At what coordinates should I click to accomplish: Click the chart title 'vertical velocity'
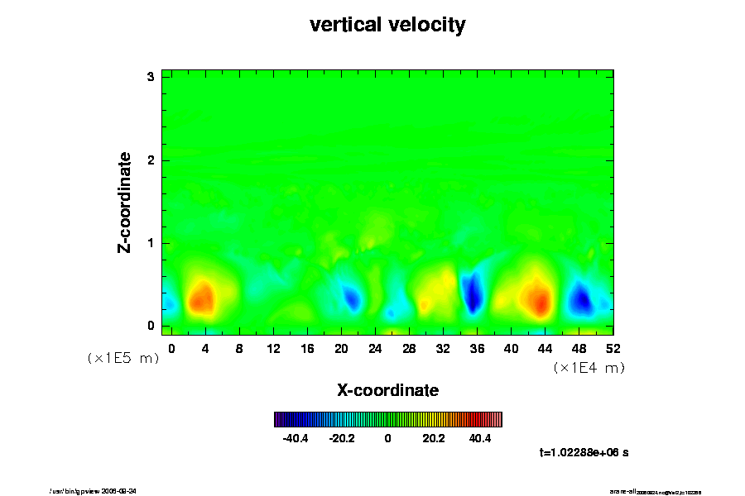click(387, 25)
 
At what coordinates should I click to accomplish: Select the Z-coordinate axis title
click(125, 202)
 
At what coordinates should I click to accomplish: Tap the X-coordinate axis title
click(387, 389)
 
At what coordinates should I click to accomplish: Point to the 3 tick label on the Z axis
click(151, 76)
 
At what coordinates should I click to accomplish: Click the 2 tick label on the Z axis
click(151, 160)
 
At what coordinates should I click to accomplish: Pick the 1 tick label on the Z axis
click(151, 243)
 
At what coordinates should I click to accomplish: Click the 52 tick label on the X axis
click(613, 348)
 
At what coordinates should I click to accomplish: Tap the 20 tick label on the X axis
click(341, 348)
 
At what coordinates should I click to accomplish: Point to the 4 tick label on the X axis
click(205, 348)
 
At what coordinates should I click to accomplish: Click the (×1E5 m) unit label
click(123, 358)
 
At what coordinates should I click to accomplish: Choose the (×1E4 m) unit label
click(589, 368)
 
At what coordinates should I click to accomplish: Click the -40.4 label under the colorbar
click(296, 438)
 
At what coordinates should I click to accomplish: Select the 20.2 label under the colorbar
click(434, 438)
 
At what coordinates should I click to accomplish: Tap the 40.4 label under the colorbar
click(480, 438)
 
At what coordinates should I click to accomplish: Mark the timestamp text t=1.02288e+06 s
click(584, 452)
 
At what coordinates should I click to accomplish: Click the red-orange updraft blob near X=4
click(201, 298)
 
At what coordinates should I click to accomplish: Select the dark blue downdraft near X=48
click(581, 299)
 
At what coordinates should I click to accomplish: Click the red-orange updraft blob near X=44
click(538, 298)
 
